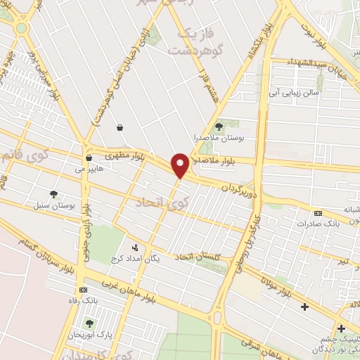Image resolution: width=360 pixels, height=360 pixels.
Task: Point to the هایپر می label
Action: coord(91,169)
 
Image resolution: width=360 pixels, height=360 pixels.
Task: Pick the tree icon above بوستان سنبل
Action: coord(53,194)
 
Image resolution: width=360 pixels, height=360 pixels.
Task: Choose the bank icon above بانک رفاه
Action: coord(84,290)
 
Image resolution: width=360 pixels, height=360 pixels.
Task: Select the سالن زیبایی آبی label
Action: coord(295,93)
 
